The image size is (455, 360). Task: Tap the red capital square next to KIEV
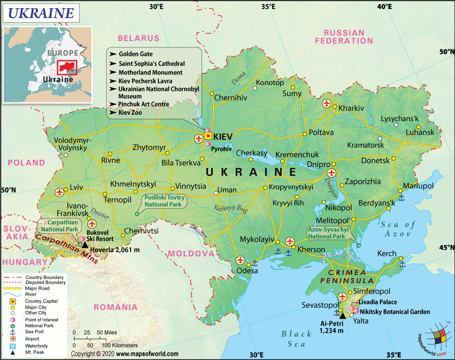click(208, 136)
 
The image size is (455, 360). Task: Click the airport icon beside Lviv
click(60, 192)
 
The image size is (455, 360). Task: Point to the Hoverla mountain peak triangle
click(85, 245)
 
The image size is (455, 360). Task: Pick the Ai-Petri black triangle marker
click(343, 315)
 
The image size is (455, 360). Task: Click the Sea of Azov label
click(399, 228)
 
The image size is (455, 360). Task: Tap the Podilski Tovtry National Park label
click(163, 201)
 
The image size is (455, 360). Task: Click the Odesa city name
click(247, 271)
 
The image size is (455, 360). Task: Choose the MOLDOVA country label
click(191, 253)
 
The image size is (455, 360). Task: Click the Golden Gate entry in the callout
click(136, 54)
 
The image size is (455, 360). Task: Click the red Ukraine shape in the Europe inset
click(67, 66)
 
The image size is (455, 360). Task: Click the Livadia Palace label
click(378, 302)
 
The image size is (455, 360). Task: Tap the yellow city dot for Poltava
click(304, 134)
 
